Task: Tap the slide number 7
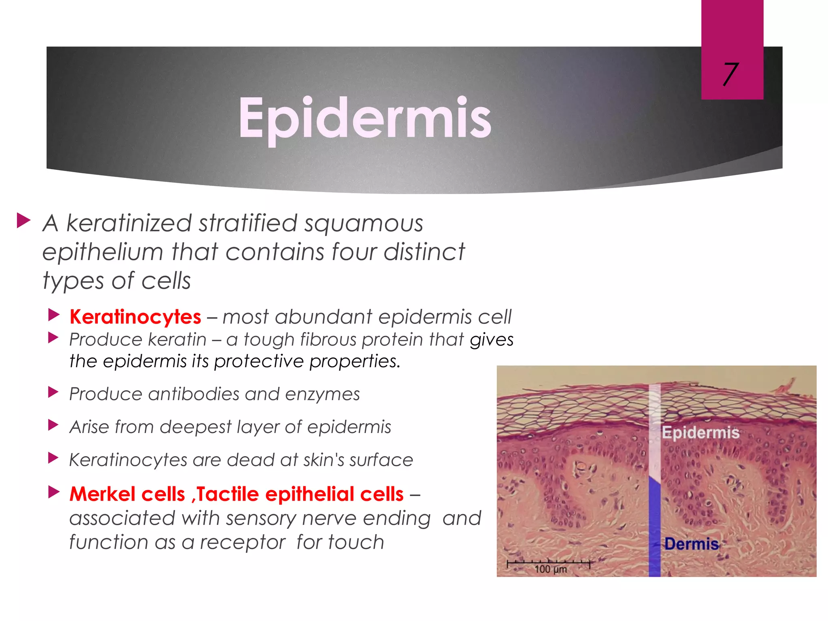tap(731, 74)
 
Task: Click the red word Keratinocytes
tap(135, 317)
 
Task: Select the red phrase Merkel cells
tap(127, 494)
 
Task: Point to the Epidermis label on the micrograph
tap(700, 433)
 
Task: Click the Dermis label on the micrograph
tap(691, 544)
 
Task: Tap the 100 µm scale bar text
tap(550, 569)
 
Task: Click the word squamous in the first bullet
tap(363, 224)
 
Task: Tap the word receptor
tap(243, 542)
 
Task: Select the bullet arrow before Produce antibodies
tap(53, 392)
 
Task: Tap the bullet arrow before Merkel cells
tap(54, 492)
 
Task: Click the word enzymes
tap(322, 394)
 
